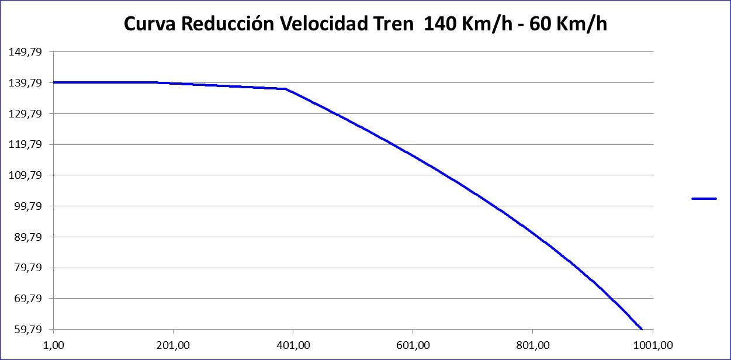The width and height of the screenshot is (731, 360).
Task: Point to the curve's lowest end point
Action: point(642,328)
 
